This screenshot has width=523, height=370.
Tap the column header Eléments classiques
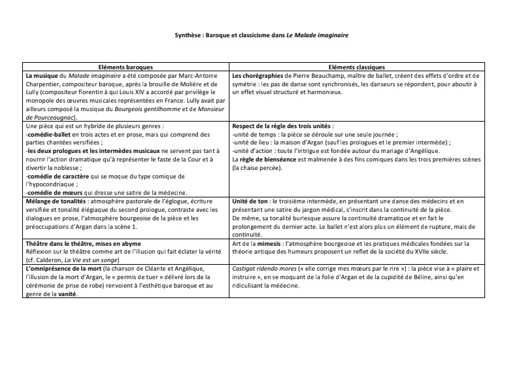click(x=358, y=67)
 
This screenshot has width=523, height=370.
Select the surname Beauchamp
click(x=319, y=75)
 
